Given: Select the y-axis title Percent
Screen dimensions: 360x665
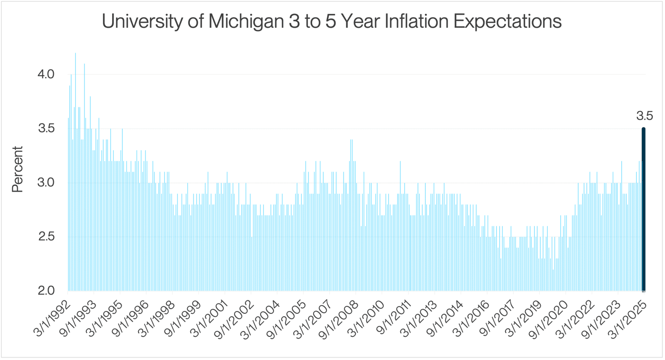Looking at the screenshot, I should tap(18, 169).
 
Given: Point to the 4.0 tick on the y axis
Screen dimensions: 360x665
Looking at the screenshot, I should tap(46, 74).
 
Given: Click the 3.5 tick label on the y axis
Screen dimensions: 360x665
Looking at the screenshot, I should tap(46, 128).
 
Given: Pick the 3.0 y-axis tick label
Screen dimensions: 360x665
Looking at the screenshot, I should tap(46, 182).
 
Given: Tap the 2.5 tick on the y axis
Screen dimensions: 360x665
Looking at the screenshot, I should tap(46, 237).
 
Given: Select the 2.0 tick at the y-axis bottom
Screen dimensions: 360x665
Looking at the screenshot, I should tap(46, 291).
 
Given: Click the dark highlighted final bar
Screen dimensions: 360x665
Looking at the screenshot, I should tap(643, 210).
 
